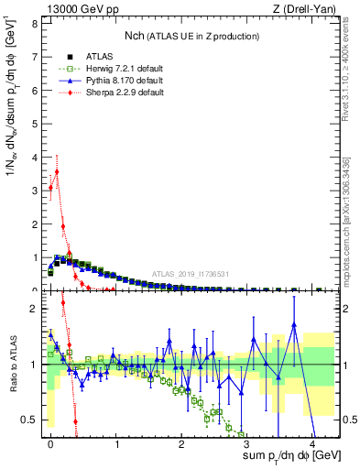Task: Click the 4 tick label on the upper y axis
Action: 33,158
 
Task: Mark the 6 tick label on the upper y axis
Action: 33,91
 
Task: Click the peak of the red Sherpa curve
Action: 57,170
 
